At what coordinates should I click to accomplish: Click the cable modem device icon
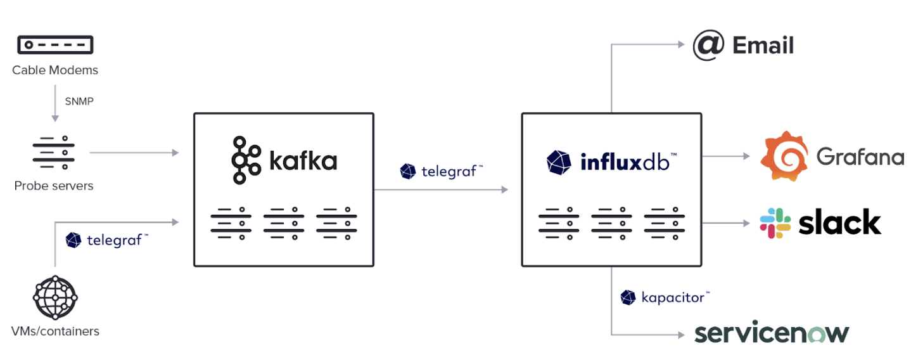[x=55, y=44]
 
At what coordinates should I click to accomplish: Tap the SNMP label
[x=79, y=101]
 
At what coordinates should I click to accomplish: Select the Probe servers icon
[x=54, y=153]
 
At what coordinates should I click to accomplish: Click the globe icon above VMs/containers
[x=55, y=297]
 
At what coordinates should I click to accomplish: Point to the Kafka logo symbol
[x=246, y=160]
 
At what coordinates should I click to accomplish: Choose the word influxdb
[x=624, y=162]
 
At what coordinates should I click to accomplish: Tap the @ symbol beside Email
[x=708, y=45]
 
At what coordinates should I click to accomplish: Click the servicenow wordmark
[x=772, y=333]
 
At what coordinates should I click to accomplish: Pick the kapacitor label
[x=674, y=297]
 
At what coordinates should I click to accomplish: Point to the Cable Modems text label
[x=55, y=70]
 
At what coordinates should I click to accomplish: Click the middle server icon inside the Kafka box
[x=283, y=223]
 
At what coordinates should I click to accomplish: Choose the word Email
[x=763, y=46]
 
